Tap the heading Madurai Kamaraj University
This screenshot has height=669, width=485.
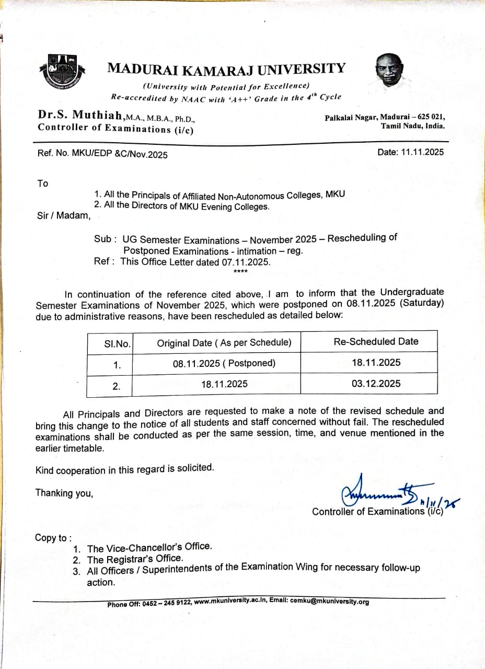click(x=226, y=68)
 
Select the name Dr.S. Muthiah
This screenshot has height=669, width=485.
click(x=80, y=114)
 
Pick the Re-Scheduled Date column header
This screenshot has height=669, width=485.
click(x=376, y=341)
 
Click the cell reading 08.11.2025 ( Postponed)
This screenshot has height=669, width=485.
click(x=224, y=363)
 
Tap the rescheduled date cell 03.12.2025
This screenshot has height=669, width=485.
click(x=376, y=383)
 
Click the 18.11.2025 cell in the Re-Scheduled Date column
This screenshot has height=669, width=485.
click(x=376, y=362)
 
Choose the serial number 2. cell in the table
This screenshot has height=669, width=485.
click(x=116, y=386)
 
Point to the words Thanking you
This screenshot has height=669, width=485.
click(x=64, y=492)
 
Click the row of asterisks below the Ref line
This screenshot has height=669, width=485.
click(x=241, y=271)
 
